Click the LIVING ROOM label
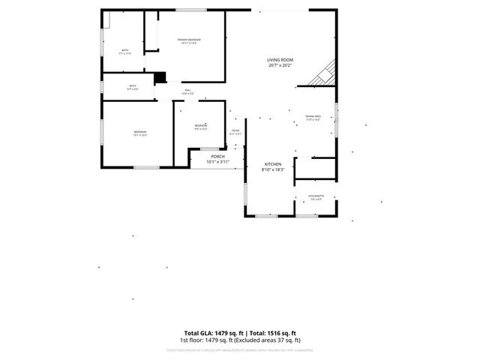click(280, 59)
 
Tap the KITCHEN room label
click(272, 163)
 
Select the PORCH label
click(217, 156)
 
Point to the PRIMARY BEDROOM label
click(189, 39)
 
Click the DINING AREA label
click(313, 116)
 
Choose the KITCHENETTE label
click(315, 196)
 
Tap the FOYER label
click(235, 131)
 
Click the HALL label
click(187, 90)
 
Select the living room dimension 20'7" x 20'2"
click(280, 66)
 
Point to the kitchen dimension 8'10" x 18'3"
click(272, 170)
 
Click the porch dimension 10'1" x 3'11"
click(217, 161)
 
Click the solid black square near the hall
click(159, 77)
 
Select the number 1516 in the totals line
click(273, 333)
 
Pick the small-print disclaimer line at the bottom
click(240, 349)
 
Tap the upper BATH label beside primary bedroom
click(125, 50)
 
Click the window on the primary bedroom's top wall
click(187, 10)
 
